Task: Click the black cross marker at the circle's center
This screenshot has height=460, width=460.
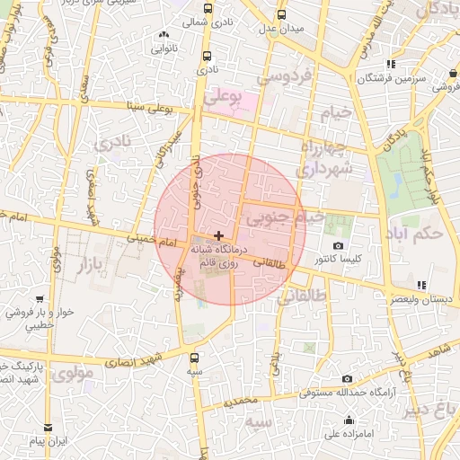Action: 218,234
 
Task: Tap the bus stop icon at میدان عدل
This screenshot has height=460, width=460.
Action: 282,15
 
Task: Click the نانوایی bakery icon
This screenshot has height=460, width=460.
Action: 164,35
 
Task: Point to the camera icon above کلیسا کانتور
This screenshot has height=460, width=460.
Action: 338,246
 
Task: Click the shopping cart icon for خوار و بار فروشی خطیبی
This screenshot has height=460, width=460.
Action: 40,298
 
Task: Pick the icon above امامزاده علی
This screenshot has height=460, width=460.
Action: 349,420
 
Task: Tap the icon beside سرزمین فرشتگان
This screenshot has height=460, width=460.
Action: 390,64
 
